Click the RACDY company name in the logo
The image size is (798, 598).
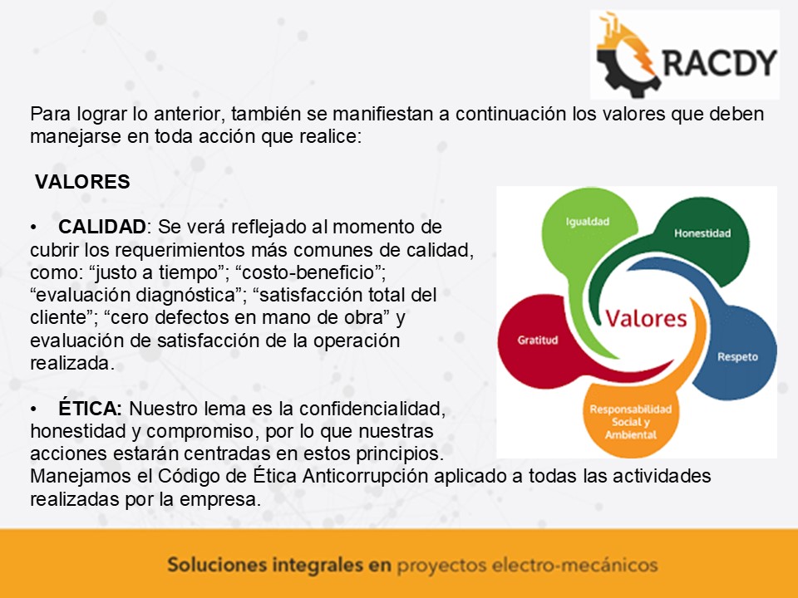tap(720, 62)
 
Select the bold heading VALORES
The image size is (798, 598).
tap(82, 182)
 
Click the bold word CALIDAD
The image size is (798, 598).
tap(102, 227)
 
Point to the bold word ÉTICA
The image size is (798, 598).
tap(90, 408)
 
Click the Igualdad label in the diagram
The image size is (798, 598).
tap(588, 222)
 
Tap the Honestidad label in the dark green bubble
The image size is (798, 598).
tap(702, 233)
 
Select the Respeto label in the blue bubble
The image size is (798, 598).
tap(737, 357)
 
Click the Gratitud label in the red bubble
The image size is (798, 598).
tap(538, 341)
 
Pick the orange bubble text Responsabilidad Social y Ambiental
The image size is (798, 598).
tap(631, 422)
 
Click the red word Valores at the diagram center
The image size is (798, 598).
tap(646, 319)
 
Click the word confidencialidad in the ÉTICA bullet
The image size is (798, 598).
tap(372, 409)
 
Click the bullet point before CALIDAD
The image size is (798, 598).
tap(33, 228)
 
